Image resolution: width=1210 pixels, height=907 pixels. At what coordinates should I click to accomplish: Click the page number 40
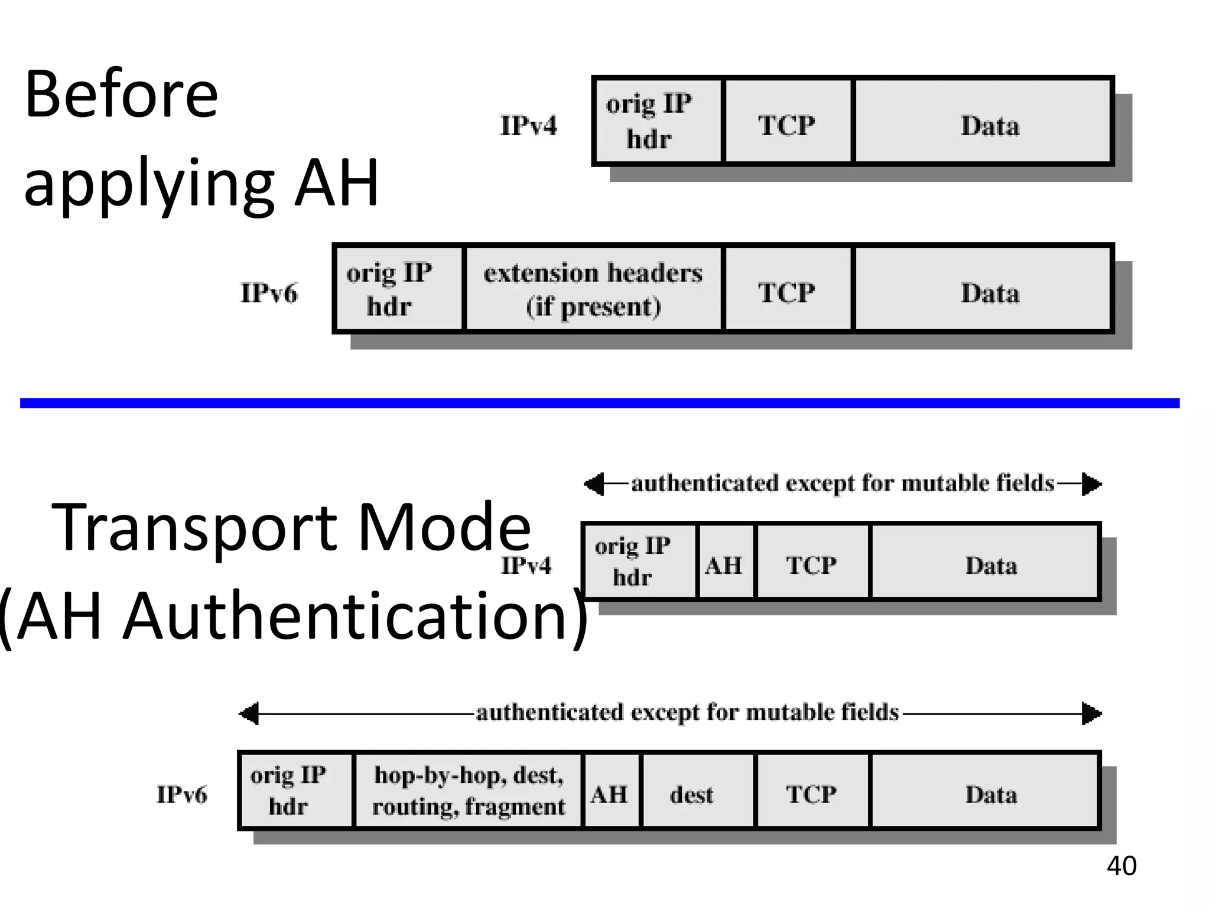(x=1121, y=866)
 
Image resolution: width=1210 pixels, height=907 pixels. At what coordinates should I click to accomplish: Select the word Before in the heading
(x=121, y=94)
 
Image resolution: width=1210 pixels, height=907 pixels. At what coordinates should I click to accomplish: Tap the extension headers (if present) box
(x=593, y=289)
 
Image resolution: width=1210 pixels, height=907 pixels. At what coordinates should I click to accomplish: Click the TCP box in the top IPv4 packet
(x=786, y=122)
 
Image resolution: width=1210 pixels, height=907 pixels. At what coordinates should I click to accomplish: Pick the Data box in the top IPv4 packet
(x=990, y=122)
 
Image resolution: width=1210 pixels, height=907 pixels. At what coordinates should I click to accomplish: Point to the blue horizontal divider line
(x=599, y=403)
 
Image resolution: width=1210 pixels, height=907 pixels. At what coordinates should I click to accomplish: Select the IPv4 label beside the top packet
(x=528, y=126)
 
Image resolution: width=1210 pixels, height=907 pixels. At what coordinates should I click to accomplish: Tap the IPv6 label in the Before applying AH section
(x=269, y=293)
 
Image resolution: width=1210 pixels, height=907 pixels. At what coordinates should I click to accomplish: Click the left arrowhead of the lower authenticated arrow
(x=249, y=713)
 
